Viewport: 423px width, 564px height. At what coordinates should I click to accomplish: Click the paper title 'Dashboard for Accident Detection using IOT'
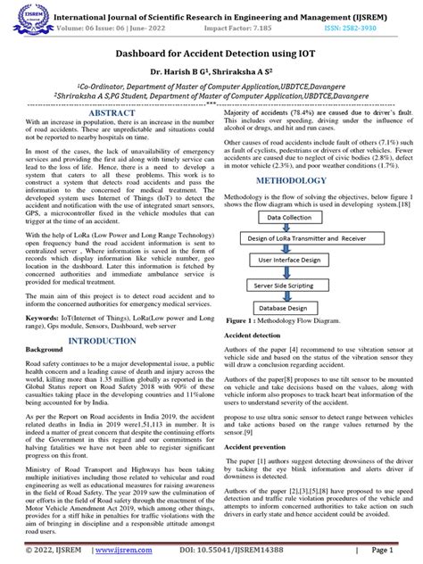[211, 54]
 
